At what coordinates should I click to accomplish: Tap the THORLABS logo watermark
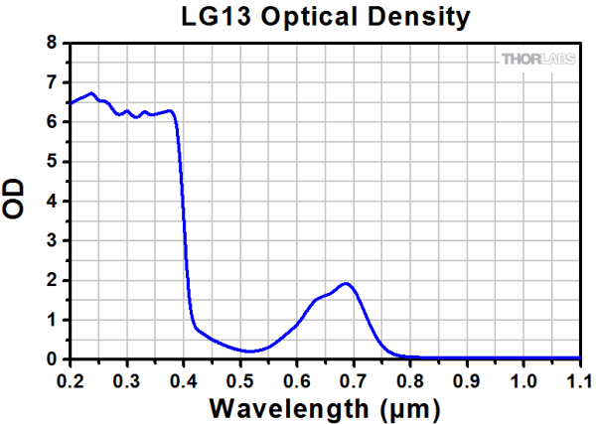pos(537,61)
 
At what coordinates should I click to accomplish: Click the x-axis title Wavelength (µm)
pos(324,408)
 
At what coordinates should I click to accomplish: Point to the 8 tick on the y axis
pos(52,43)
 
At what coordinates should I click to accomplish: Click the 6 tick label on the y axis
pos(52,122)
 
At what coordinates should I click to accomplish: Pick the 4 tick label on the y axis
pos(52,201)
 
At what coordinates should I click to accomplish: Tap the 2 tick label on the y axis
pos(52,280)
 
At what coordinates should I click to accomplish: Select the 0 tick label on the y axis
pos(52,358)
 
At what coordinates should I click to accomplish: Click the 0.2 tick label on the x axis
pos(70,379)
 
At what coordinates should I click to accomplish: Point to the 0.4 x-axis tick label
pos(183,379)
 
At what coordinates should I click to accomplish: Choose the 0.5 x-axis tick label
pos(239,379)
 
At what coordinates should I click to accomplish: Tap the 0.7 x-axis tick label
pos(353,379)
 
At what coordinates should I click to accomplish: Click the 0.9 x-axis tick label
pos(466,379)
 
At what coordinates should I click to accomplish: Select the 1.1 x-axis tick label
pos(578,379)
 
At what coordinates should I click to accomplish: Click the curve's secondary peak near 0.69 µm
pos(346,283)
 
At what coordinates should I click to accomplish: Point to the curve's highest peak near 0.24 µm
pos(91,93)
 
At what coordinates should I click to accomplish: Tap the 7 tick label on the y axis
pos(52,82)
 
